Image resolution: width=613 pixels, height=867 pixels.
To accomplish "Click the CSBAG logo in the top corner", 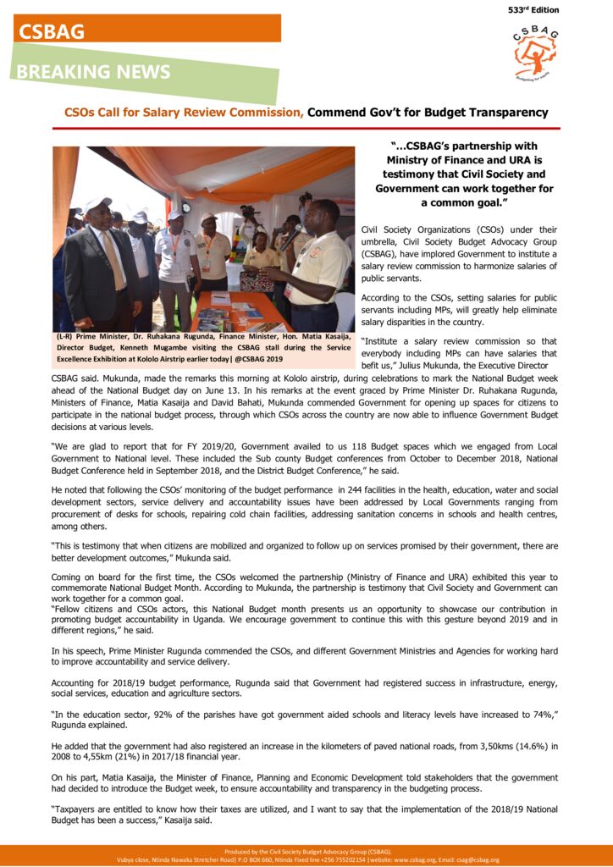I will coord(535,53).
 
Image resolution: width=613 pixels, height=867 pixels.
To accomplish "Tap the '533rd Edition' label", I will coord(533,10).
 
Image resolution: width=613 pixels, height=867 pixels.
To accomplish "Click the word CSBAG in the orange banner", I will coord(51,31).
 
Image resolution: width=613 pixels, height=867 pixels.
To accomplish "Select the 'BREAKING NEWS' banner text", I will coord(93,73).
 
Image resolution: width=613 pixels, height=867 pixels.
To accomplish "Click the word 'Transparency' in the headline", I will coord(505,113).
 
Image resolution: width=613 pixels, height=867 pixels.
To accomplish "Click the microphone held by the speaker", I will coord(290,237).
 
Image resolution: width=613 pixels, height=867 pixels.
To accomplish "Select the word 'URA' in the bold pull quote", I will coord(522,160).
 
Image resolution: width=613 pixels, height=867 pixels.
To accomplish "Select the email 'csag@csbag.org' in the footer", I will coord(478,859).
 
